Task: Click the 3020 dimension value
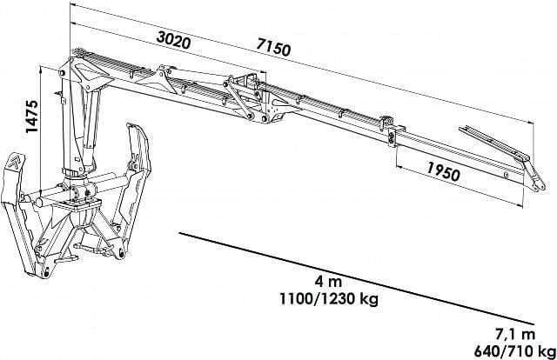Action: pos(174,40)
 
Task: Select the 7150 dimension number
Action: pos(273,47)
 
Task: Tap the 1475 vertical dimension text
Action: pos(32,117)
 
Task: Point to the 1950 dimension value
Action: pos(443,171)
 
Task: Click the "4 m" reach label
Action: pos(328,282)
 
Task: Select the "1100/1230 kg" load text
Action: pos(329,299)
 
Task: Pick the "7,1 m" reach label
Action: pos(515,334)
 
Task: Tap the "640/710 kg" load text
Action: pos(515,351)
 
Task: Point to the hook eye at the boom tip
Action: pos(540,186)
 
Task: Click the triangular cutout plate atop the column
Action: pos(84,72)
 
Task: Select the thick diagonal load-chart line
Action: pos(357,278)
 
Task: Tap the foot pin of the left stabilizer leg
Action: pos(46,273)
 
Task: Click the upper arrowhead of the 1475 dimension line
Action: pos(42,69)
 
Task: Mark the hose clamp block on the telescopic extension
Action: pos(393,137)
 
